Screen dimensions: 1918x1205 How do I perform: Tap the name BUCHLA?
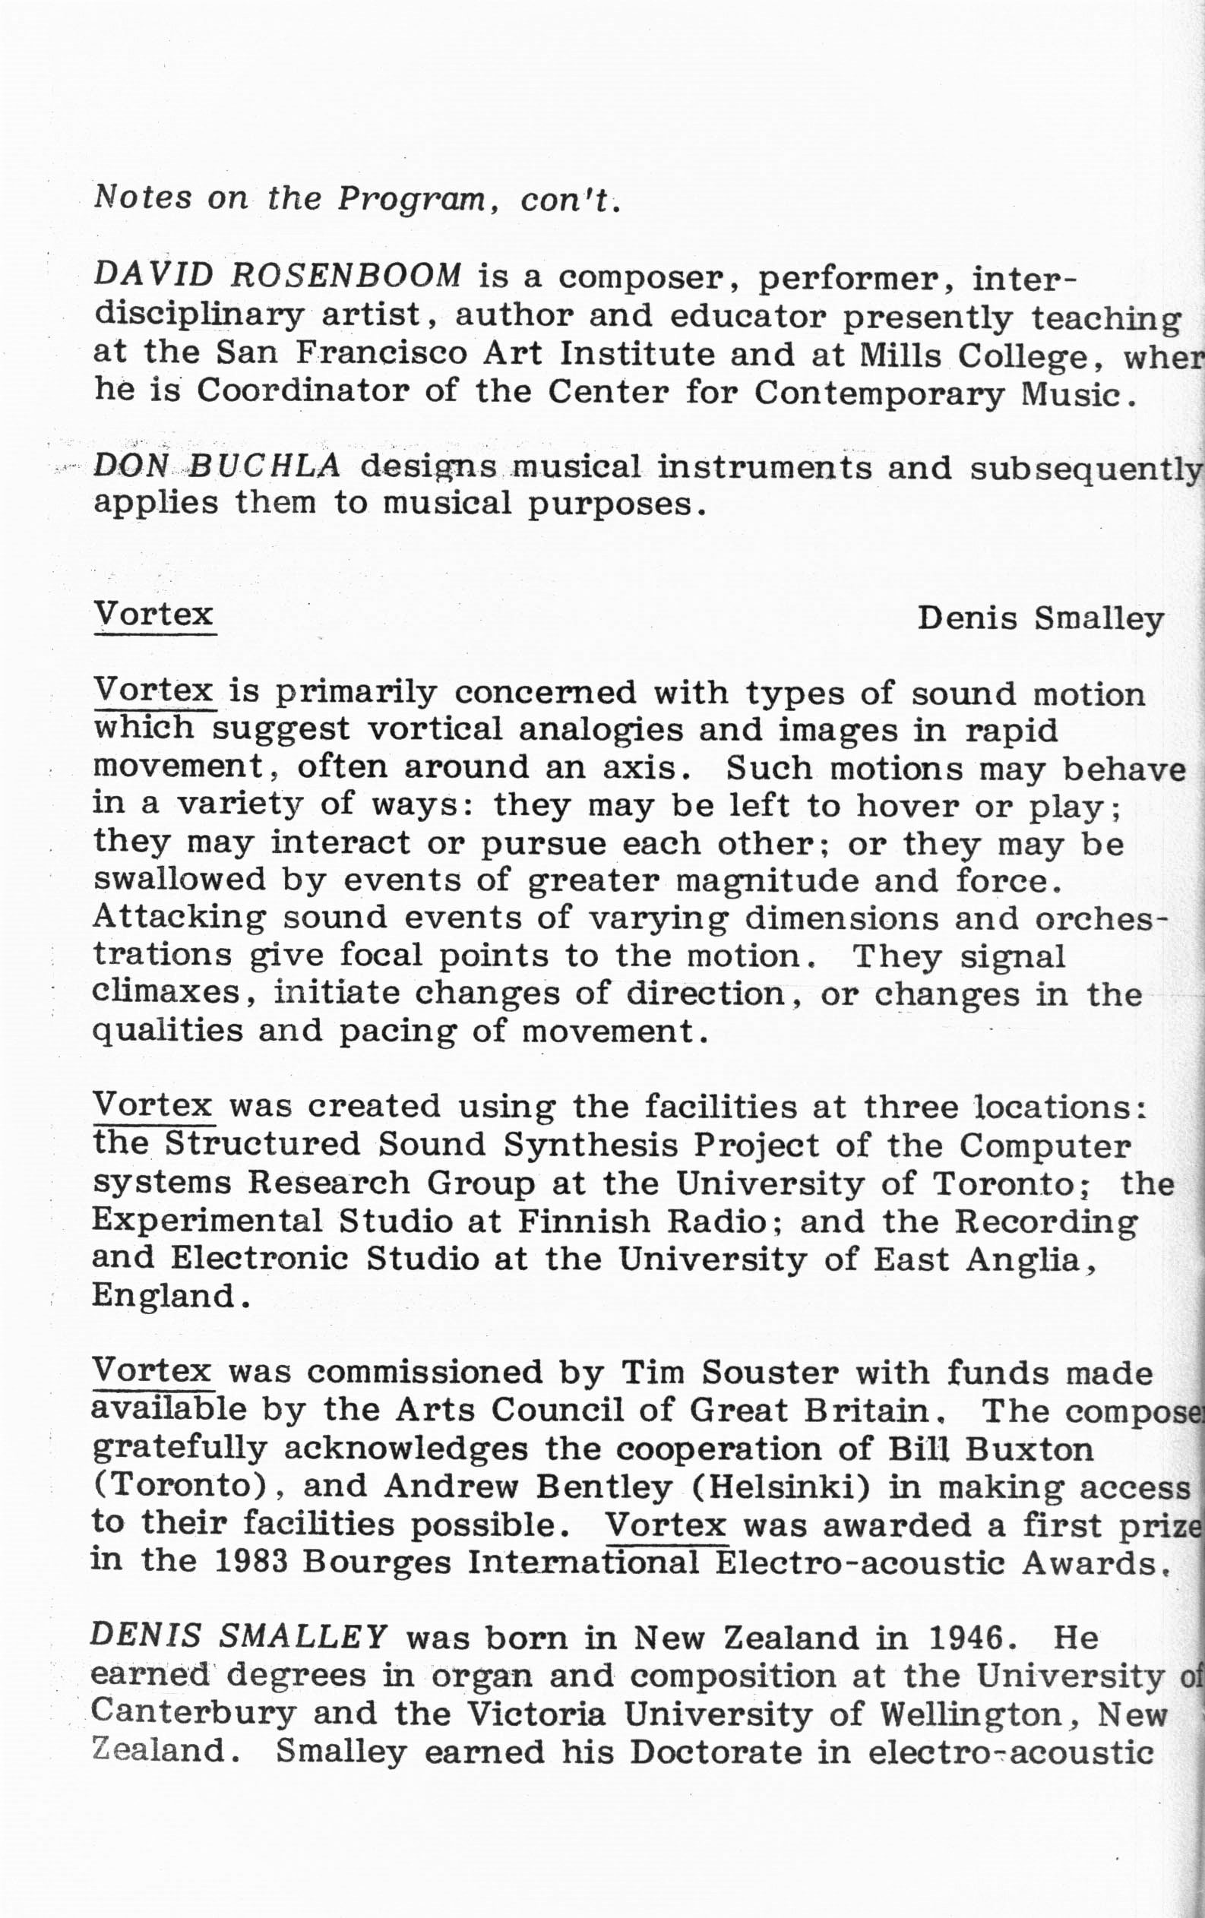pyautogui.click(x=269, y=466)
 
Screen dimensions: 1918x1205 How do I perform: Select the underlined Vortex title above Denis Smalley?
pyautogui.click(x=154, y=614)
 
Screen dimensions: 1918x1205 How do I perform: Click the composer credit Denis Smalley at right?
pyautogui.click(x=1040, y=619)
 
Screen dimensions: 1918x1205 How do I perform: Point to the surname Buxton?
pyautogui.click(x=1029, y=1449)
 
